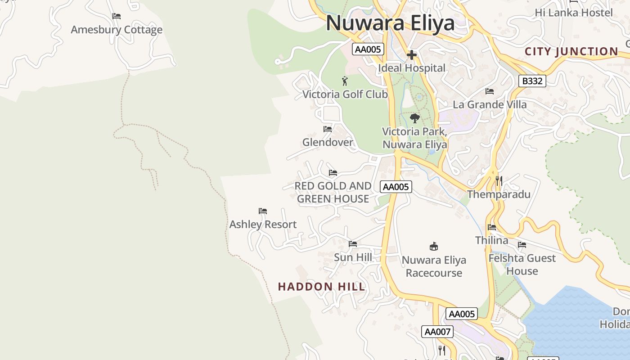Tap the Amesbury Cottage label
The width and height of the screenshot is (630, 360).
click(x=117, y=30)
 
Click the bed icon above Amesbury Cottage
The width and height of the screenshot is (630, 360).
click(x=117, y=16)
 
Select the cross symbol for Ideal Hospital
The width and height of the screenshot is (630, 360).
click(x=411, y=55)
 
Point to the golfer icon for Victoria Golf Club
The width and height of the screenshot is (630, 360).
click(x=345, y=81)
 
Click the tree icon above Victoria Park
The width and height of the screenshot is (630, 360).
click(x=414, y=118)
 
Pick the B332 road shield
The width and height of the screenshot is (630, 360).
click(x=532, y=81)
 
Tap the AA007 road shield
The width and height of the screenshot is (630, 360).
click(x=437, y=332)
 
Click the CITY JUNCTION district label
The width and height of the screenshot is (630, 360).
click(x=571, y=52)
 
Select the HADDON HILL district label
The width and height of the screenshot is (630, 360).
click(x=321, y=287)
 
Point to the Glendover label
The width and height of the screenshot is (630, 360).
click(x=328, y=143)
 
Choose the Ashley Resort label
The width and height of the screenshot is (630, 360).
click(x=263, y=225)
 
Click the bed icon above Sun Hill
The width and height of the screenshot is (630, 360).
click(x=353, y=244)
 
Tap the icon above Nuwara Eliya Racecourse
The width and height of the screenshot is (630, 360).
click(x=434, y=246)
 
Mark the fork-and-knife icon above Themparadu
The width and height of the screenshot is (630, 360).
click(x=499, y=181)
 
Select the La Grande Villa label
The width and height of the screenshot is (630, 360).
click(x=490, y=105)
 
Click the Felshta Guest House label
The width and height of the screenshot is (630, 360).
click(x=522, y=265)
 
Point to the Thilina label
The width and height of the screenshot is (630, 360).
click(x=492, y=240)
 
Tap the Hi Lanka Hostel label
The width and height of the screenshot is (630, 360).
click(x=574, y=13)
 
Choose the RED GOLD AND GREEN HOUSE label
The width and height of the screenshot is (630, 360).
click(x=333, y=192)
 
